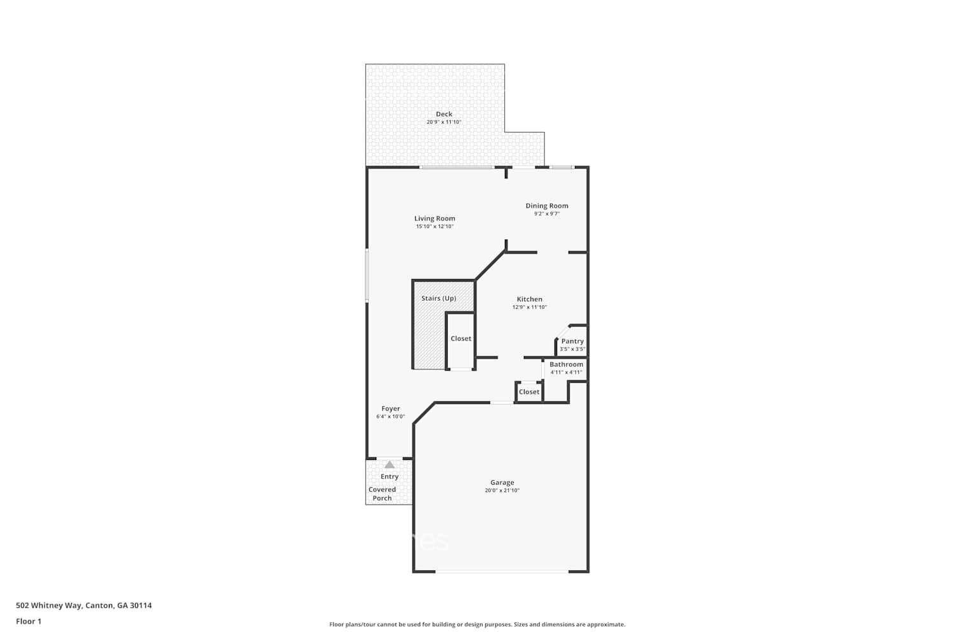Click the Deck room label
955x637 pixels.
(444, 114)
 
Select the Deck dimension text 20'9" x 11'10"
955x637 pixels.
(444, 122)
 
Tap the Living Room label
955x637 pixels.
(435, 218)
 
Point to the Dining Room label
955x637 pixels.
(547, 206)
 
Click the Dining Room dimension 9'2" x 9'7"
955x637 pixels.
(547, 214)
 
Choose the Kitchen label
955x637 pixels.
(530, 299)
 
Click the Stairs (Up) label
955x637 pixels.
(439, 298)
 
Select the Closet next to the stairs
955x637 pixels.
(461, 338)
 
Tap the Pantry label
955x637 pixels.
(572, 341)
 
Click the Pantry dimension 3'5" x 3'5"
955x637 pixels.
(572, 349)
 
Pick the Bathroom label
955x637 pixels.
(566, 364)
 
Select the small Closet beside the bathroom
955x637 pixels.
(529, 392)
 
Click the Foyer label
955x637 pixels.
(391, 409)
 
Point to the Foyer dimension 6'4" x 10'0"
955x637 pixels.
(391, 417)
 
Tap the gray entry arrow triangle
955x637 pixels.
(390, 465)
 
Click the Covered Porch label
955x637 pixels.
(382, 494)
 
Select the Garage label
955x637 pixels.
(502, 482)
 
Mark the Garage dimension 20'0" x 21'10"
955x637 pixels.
(502, 490)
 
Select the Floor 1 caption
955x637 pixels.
(29, 621)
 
